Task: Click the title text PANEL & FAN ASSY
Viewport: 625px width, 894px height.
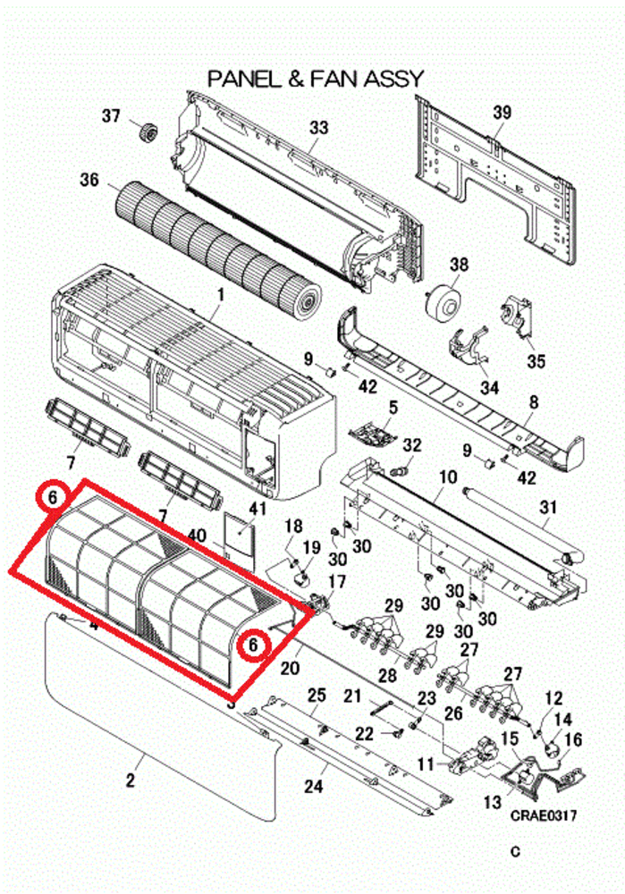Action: [x=315, y=79]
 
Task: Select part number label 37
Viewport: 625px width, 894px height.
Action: [x=111, y=116]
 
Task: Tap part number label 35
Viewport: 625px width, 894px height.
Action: [x=535, y=361]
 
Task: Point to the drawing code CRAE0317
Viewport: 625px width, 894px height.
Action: [x=543, y=815]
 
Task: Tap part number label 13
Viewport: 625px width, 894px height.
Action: [x=491, y=802]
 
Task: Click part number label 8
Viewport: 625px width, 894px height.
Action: [x=534, y=403]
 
